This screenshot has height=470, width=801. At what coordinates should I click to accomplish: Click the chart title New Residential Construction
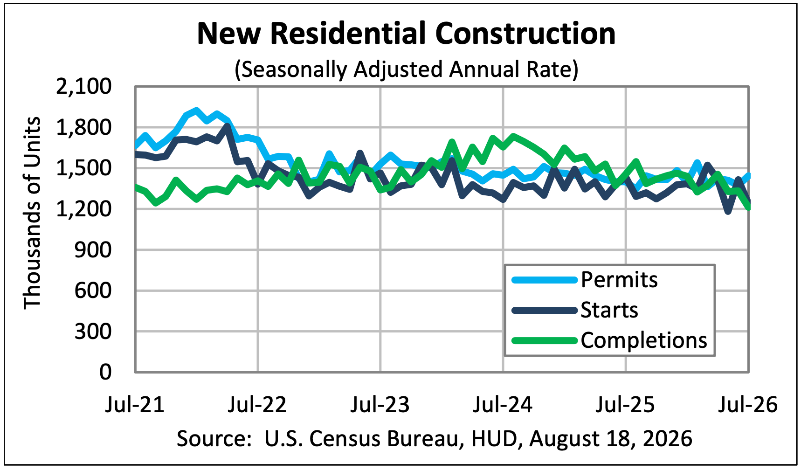(x=407, y=34)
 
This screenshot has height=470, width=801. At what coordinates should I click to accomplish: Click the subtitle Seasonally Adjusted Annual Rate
(x=406, y=69)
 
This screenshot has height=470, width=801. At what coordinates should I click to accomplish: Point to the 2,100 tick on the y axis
(x=84, y=87)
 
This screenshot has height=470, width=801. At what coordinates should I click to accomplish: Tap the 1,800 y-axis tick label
(x=84, y=127)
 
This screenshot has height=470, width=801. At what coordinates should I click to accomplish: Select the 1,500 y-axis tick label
(x=84, y=168)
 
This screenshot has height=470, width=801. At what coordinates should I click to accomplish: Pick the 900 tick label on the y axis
(x=93, y=250)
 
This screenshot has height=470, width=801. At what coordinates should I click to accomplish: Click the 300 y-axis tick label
(x=93, y=332)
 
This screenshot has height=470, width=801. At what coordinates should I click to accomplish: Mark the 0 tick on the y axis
(x=106, y=372)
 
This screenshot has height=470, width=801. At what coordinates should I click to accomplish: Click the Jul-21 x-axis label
(x=135, y=404)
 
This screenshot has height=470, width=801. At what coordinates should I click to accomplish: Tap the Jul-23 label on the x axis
(x=380, y=404)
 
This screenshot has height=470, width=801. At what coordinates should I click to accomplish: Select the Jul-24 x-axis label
(x=503, y=404)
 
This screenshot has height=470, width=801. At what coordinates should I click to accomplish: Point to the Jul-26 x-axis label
(x=748, y=404)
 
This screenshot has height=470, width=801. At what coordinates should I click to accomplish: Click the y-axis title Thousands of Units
(x=32, y=213)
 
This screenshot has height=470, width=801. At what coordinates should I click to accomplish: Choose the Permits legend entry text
(x=619, y=280)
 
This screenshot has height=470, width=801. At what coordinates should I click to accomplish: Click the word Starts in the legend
(x=609, y=310)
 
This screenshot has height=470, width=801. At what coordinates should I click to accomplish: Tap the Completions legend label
(x=644, y=340)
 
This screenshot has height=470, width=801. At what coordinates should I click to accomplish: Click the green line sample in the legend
(x=545, y=340)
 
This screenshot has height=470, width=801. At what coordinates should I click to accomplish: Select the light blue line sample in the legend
(x=545, y=280)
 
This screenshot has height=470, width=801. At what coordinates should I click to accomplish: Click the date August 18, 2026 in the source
(x=611, y=439)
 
